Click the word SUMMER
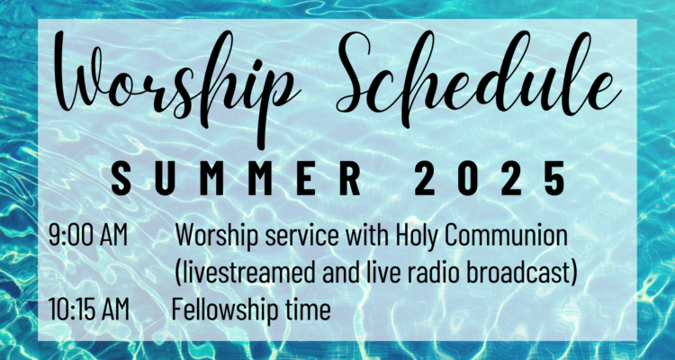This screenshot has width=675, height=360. pos(236,178)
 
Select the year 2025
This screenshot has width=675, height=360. pos(490,178)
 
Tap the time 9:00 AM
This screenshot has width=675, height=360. pos(88,236)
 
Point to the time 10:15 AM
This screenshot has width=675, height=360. pos(89,310)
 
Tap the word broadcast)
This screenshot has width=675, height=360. pos(525,273)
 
